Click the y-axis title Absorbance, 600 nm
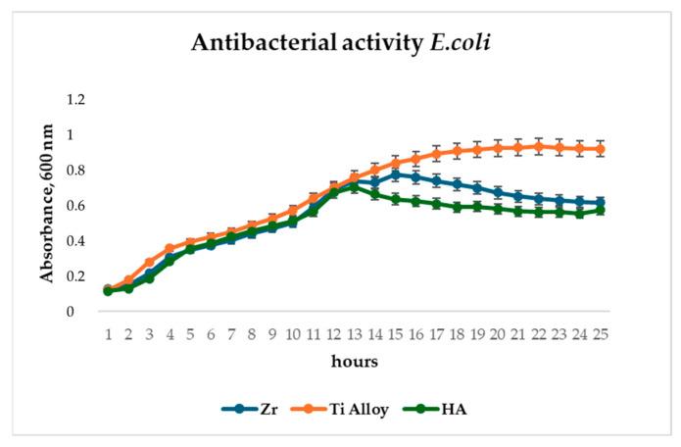point(46,203)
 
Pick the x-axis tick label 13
point(355,334)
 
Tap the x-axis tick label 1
point(108,334)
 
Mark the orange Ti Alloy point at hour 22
point(540,146)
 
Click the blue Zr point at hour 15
point(396,174)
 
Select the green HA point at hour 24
point(581,213)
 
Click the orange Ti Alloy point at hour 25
point(602,149)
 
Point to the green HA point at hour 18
point(458,207)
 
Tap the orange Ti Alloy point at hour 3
point(149,262)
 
